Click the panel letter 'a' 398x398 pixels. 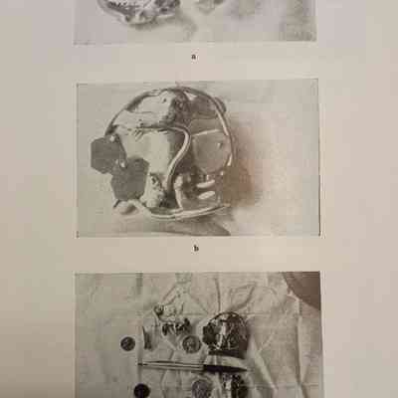tap(194, 57)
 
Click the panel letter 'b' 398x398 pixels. tap(196, 248)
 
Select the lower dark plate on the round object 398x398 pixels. tap(128, 179)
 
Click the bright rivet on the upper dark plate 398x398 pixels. tap(121, 163)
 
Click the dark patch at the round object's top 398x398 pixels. tap(177, 109)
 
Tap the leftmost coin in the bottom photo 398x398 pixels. tap(127, 343)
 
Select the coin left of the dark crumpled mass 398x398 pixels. tap(191, 343)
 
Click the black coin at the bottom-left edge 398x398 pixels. tap(141, 391)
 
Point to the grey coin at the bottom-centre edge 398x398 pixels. tap(201, 389)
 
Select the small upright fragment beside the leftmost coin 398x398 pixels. tap(147, 338)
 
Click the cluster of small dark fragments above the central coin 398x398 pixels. tap(174, 325)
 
